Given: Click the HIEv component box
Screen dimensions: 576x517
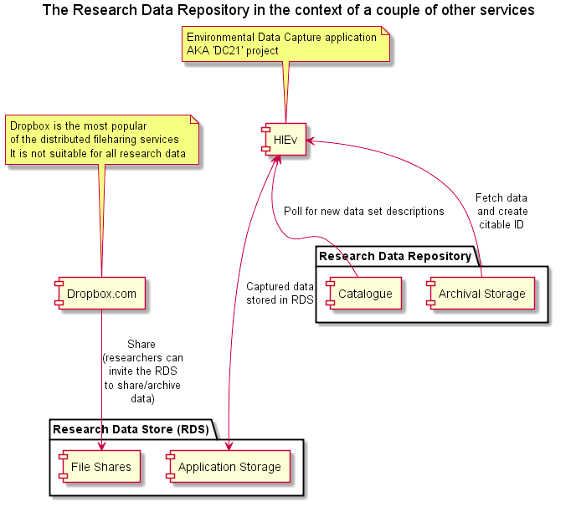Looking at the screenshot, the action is pos(284,140).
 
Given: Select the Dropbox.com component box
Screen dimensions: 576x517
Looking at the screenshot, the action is pos(100,294).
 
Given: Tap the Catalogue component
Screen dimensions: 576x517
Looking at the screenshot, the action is pos(363,294).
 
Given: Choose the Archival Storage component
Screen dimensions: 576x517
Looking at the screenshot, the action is pos(481,294).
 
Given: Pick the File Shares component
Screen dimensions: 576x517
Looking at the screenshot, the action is pos(100,466).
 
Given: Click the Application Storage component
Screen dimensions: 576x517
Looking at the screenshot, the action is pos(228,466).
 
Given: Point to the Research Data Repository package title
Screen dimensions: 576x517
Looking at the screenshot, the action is pos(395,256).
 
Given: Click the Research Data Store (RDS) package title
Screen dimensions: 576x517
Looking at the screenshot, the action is pos(131,429).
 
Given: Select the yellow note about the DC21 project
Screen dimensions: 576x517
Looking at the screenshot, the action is pos(285,44).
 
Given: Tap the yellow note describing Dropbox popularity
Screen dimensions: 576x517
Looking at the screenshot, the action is pos(102,140).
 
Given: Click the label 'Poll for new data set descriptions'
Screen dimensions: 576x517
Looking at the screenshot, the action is pos(364,211).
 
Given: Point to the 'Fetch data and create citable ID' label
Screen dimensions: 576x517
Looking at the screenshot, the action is pos(501,211).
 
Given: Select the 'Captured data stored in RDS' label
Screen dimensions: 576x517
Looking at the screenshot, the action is pos(280,293).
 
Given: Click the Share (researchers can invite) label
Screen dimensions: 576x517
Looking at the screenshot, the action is pos(142,371).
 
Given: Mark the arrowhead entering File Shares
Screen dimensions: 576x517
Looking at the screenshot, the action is pos(102,446).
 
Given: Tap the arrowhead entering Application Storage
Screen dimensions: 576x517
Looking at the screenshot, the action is pos(229,446).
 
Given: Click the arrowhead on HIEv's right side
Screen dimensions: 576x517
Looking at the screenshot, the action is pos(311,141).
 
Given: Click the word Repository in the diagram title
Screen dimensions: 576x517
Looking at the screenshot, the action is pos(213,10).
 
